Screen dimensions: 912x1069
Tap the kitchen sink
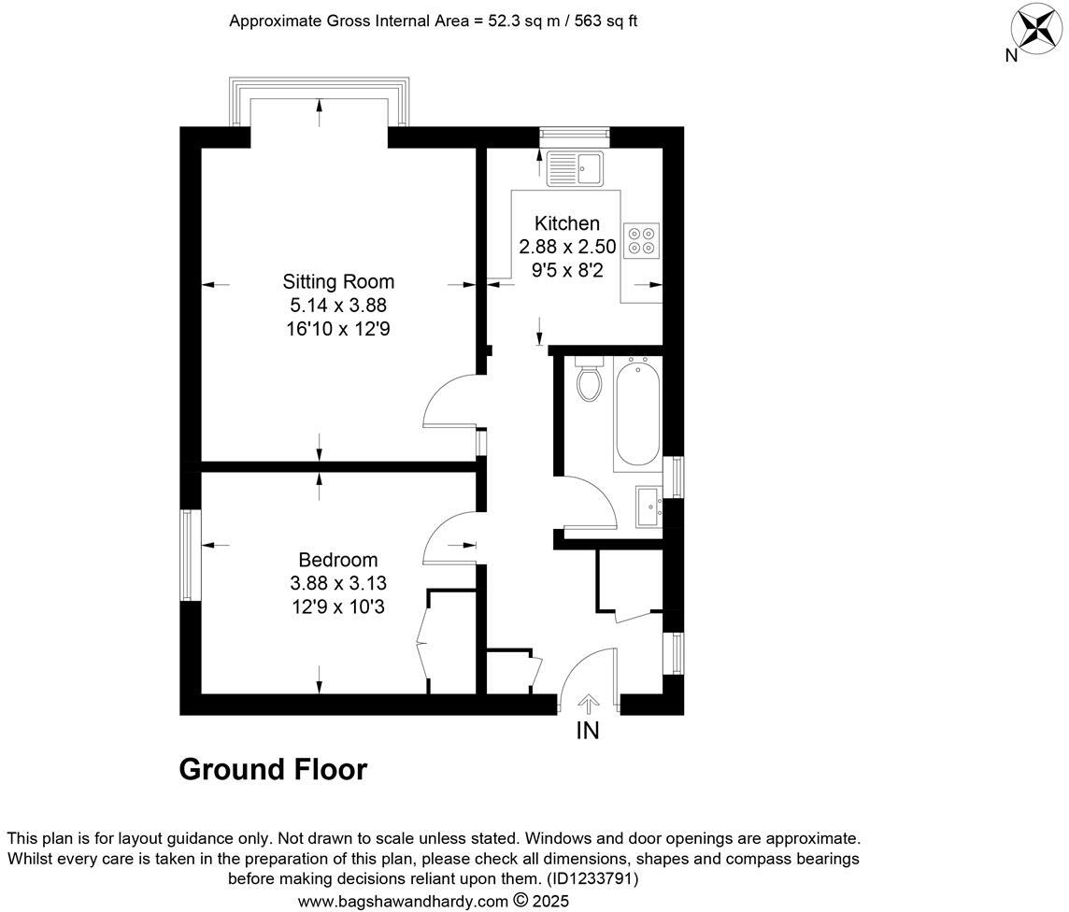pyautogui.click(x=577, y=169)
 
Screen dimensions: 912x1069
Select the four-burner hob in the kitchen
pyautogui.click(x=641, y=240)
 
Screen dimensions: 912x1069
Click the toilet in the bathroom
pyautogui.click(x=590, y=380)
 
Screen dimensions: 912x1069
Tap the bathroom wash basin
pyautogui.click(x=649, y=507)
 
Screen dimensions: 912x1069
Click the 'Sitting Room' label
pyautogui.click(x=338, y=281)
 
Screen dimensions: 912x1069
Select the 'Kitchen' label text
pyautogui.click(x=566, y=223)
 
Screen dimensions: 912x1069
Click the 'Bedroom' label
pyautogui.click(x=337, y=560)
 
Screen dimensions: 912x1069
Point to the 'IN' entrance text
pyautogui.click(x=587, y=731)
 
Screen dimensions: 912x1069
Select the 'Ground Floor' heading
pyautogui.click(x=273, y=770)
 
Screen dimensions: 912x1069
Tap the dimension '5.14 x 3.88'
pyautogui.click(x=338, y=305)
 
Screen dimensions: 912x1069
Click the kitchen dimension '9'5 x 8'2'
pyautogui.click(x=567, y=270)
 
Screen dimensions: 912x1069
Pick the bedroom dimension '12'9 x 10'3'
pyautogui.click(x=337, y=606)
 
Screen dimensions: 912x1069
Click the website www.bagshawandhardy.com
pyautogui.click(x=404, y=902)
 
